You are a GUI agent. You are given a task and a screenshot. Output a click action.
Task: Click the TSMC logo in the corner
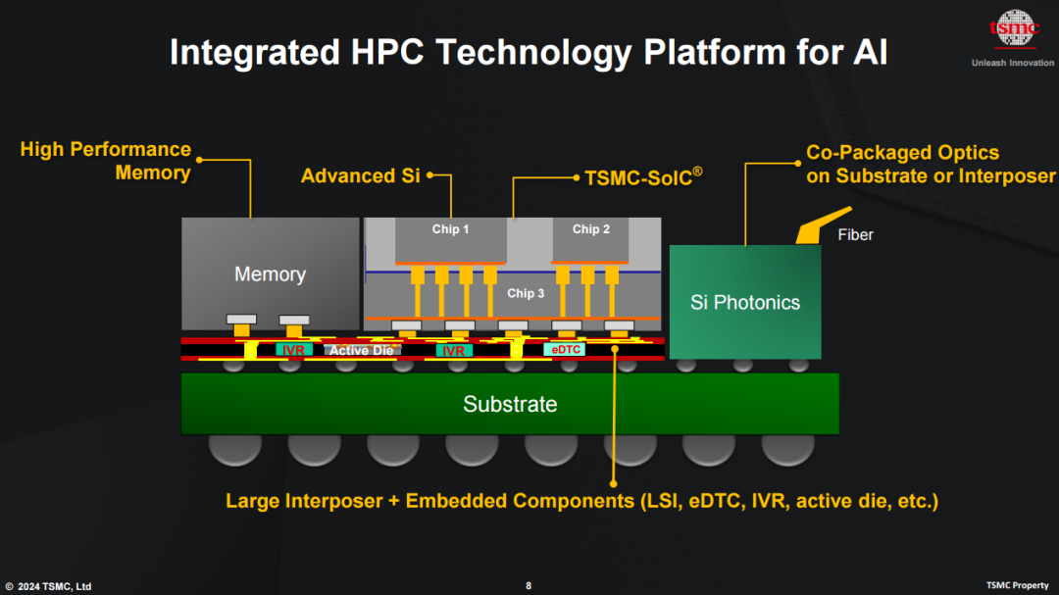(1014, 29)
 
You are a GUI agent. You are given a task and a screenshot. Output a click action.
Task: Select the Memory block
(271, 273)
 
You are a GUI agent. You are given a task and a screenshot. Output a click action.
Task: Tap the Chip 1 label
(450, 229)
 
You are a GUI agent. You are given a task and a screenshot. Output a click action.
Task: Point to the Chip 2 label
(591, 229)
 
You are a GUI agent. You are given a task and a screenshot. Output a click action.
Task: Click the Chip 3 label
(526, 294)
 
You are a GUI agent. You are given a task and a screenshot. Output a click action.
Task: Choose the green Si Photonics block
(745, 302)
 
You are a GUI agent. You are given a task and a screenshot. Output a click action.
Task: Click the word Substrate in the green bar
(510, 404)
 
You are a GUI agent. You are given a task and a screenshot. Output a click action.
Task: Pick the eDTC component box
(565, 350)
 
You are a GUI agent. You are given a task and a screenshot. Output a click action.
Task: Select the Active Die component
(362, 351)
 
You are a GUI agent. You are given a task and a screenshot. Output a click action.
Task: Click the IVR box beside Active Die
(294, 351)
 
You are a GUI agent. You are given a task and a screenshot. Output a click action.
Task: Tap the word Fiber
(856, 235)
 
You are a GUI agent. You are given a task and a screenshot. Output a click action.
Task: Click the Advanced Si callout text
(361, 176)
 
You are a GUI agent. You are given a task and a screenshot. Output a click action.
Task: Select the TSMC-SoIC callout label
(643, 177)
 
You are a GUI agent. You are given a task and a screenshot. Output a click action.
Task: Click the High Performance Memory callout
(106, 161)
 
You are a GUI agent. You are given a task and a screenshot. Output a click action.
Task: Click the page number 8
(529, 585)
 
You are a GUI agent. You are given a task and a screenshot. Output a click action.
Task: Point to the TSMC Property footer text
(1017, 585)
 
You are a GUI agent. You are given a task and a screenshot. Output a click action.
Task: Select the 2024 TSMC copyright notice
(49, 586)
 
